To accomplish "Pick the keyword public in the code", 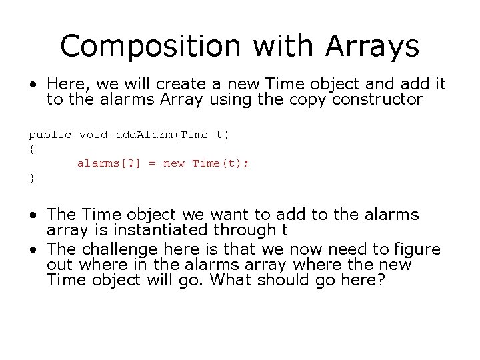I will point(50,135).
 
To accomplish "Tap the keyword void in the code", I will point(93,135).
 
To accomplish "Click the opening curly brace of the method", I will point(31,149).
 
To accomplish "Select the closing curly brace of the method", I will point(31,177).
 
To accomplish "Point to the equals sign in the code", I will point(151,163).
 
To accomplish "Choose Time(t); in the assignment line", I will point(221,163).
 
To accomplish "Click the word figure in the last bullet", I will point(416,249).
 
